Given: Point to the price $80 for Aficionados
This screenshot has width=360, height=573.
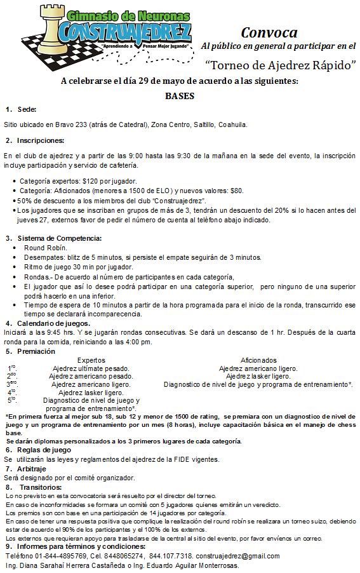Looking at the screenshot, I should (236, 190).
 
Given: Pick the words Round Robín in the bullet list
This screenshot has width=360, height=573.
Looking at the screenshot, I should (45, 248).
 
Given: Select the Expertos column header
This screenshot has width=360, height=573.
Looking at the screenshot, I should (91, 360).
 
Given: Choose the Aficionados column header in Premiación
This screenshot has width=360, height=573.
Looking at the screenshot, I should (259, 360).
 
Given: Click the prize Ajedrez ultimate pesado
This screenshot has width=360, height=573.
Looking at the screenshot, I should (91, 368).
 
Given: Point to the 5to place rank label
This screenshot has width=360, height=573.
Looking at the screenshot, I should (12, 401).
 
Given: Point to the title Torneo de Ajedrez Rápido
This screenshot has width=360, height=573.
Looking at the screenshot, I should (280, 64).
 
